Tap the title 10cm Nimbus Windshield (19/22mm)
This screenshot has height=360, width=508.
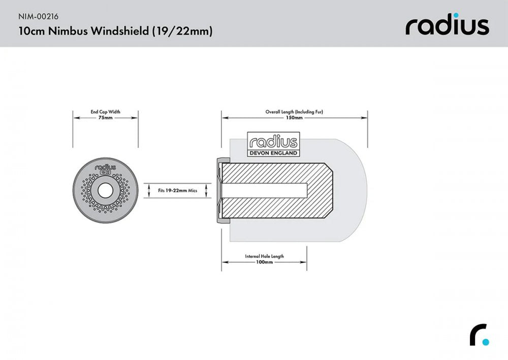click(x=115, y=31)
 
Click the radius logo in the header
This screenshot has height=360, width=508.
click(x=447, y=25)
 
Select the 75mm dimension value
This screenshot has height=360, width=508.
click(x=106, y=117)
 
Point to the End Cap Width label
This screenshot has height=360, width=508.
click(x=106, y=111)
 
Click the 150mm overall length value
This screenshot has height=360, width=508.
click(x=294, y=117)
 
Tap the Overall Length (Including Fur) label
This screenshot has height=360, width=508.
click(x=294, y=111)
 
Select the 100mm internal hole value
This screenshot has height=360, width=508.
click(x=264, y=262)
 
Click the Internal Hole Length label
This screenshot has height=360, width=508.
click(x=264, y=256)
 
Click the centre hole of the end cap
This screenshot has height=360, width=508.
click(x=106, y=191)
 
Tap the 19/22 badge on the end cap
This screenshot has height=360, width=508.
click(x=106, y=172)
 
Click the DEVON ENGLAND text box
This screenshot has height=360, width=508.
click(x=273, y=153)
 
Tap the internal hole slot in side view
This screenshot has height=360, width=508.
click(x=264, y=191)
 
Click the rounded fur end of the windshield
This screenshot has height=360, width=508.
click(x=356, y=191)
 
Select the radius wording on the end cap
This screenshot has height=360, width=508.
click(x=106, y=166)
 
